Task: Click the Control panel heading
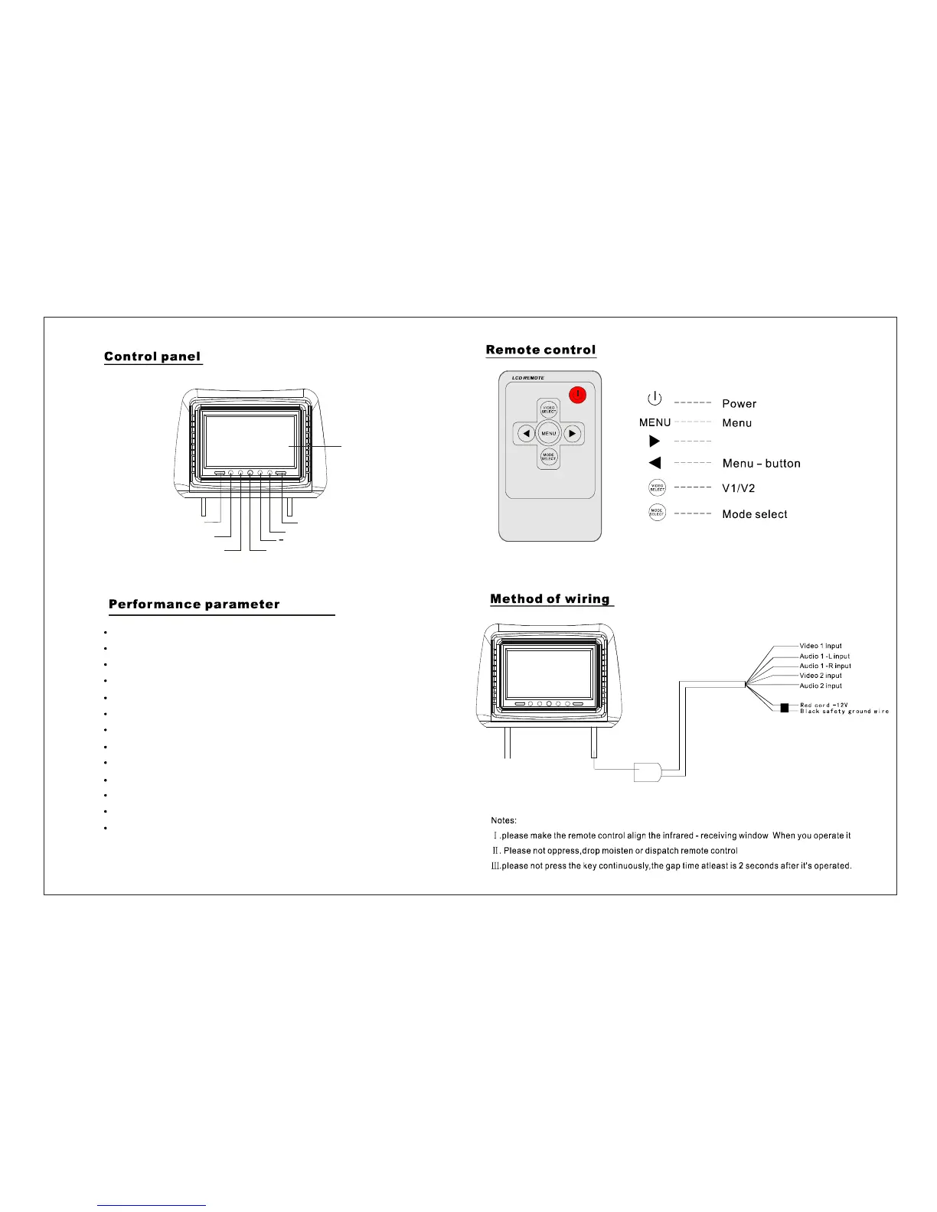tap(152, 357)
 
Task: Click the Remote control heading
tap(540, 350)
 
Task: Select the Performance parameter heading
tap(194, 604)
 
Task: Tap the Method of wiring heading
tap(550, 599)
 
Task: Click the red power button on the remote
tap(579, 395)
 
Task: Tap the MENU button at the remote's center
tap(549, 434)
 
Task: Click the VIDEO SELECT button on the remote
tap(549, 410)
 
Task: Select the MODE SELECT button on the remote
tap(549, 457)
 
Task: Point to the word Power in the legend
tap(739, 404)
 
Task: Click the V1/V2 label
tap(739, 488)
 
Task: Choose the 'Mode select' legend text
tap(754, 514)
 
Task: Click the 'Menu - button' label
tap(761, 464)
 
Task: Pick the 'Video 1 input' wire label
tap(820, 646)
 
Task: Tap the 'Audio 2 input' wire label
tap(820, 686)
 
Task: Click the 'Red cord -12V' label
tap(824, 705)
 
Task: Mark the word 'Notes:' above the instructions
tap(504, 820)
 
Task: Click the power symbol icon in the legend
tap(655, 398)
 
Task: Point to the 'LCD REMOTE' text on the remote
tap(528, 378)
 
